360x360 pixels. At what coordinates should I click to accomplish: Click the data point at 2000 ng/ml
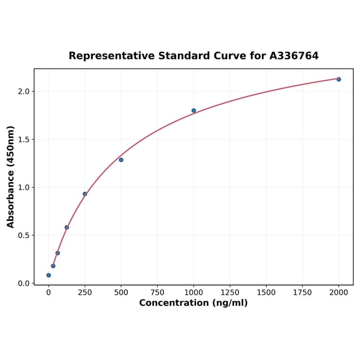coord(338,79)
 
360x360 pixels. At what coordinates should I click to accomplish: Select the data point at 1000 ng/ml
coord(194,111)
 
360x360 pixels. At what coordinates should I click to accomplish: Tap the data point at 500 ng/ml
coord(121,160)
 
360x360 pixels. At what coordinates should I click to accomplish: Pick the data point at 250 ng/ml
coord(85,194)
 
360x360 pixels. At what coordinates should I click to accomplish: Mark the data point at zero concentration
coord(49,275)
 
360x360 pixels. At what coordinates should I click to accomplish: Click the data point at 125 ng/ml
coord(67,227)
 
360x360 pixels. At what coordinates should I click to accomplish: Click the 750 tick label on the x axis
coord(157,293)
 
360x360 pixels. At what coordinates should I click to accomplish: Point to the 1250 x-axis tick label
coord(230,293)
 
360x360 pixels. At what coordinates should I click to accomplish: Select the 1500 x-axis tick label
coord(266,293)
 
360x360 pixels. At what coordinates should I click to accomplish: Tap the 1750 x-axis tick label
coord(303,293)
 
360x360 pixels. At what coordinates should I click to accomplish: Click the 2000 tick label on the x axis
coord(339,293)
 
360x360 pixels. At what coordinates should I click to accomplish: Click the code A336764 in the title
coord(294,56)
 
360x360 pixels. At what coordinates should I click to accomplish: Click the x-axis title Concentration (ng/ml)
coord(193,303)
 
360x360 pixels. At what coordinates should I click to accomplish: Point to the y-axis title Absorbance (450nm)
coord(11,177)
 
